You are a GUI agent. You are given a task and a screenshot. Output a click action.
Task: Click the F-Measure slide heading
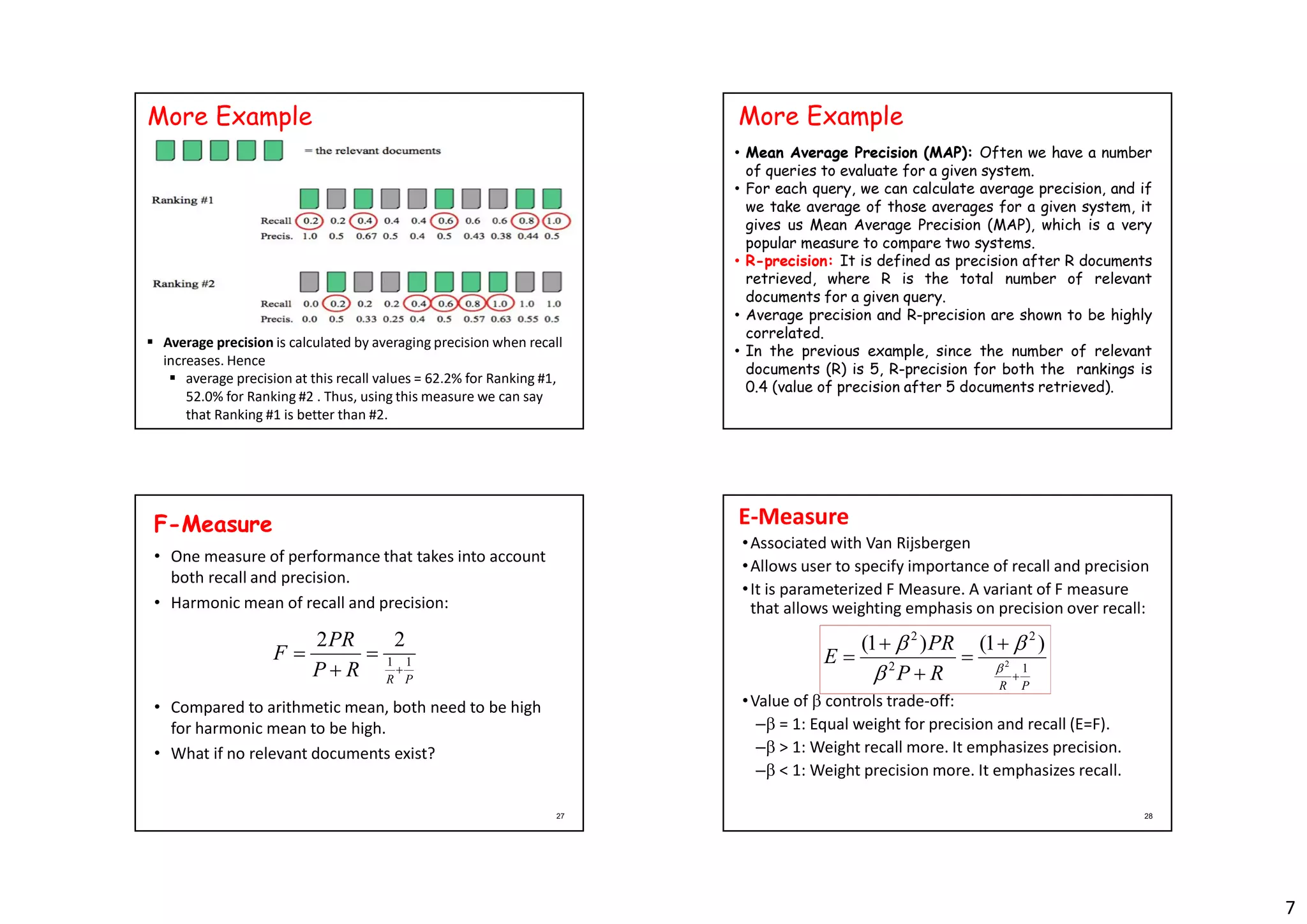(x=213, y=524)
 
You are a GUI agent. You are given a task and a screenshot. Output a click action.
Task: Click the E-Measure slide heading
(x=793, y=516)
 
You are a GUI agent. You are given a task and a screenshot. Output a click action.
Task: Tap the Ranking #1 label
(x=183, y=200)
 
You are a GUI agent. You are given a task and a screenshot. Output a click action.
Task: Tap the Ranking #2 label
(x=183, y=283)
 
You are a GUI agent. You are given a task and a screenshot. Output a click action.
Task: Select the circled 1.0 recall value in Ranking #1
(x=554, y=221)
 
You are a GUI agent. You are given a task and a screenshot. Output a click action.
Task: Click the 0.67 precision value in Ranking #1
(x=366, y=236)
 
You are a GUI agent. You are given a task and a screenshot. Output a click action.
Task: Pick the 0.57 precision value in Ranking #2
(x=474, y=319)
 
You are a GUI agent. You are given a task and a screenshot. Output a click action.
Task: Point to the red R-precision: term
(x=789, y=261)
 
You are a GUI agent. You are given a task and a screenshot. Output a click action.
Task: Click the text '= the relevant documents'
(x=373, y=151)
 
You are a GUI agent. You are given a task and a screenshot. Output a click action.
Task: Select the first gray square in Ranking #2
(x=310, y=281)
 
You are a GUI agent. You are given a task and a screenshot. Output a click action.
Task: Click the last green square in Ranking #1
(x=552, y=198)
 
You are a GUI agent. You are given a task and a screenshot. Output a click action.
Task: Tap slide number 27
(x=560, y=816)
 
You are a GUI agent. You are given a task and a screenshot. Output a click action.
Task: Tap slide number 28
(x=1148, y=816)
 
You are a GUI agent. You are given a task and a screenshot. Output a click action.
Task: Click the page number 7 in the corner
(x=1290, y=907)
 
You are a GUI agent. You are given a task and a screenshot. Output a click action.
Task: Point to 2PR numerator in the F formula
(x=335, y=639)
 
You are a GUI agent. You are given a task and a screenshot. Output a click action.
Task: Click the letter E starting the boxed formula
(x=830, y=656)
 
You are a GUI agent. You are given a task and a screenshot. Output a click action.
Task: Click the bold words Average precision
(x=218, y=343)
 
